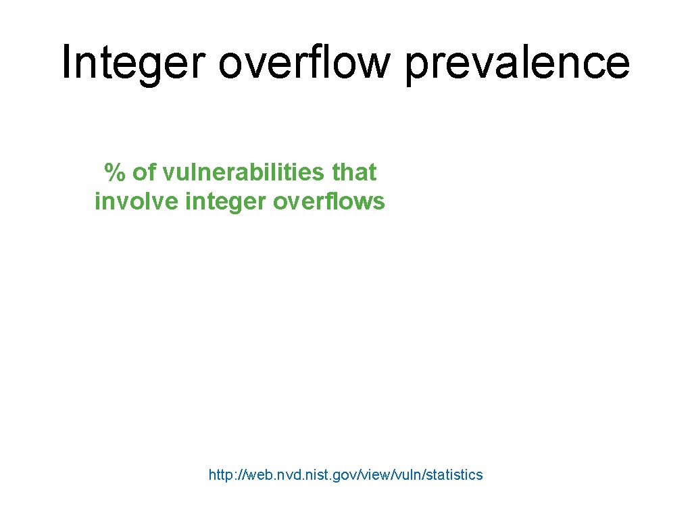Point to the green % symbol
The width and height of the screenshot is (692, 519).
[114, 173]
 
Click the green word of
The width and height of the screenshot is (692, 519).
[143, 173]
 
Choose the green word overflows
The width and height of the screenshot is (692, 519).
[329, 201]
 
